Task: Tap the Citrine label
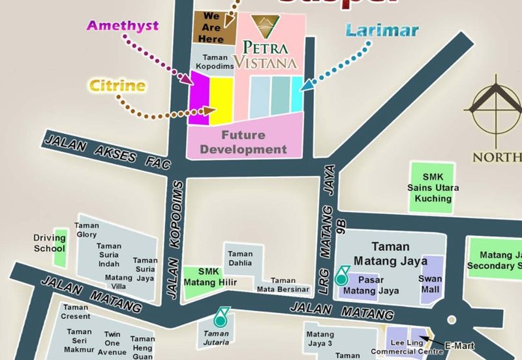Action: pos(118,86)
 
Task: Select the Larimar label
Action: pos(373,31)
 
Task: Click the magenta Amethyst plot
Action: pos(198,100)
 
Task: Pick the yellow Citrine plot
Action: pos(221,99)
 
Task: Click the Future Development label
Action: pos(243,143)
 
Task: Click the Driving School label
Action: pos(50,243)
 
